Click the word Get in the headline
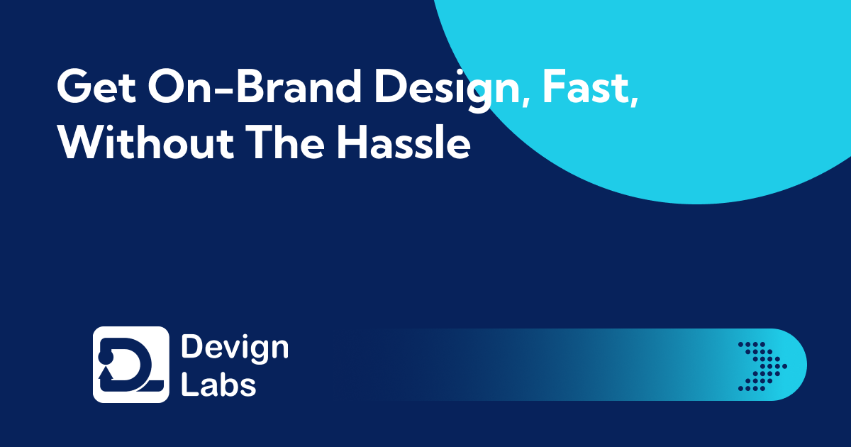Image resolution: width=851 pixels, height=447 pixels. click(x=96, y=87)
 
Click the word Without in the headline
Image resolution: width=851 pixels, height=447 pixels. click(x=145, y=142)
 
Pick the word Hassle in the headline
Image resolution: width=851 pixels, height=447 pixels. click(x=404, y=142)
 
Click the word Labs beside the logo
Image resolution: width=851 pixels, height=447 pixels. click(x=218, y=385)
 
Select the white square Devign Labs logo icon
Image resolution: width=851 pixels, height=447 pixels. click(x=130, y=364)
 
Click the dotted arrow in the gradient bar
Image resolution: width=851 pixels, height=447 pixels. click(x=762, y=366)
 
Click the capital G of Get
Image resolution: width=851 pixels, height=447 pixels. click(x=74, y=87)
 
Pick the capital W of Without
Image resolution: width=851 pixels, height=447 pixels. click(x=83, y=142)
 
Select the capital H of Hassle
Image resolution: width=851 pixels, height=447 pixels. click(x=352, y=142)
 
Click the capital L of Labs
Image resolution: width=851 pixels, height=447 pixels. click(x=189, y=385)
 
